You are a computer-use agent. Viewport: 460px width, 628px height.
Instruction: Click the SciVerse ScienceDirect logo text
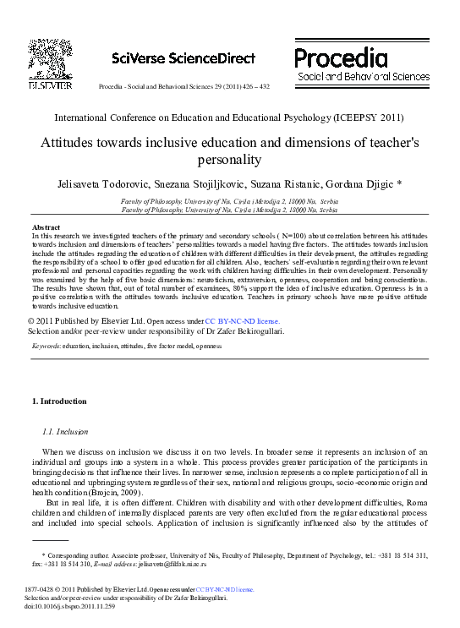pyautogui.click(x=183, y=58)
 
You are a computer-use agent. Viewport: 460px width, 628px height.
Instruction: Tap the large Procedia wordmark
pyautogui.click(x=341, y=57)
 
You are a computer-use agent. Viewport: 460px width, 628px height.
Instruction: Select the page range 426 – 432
pyautogui.click(x=253, y=87)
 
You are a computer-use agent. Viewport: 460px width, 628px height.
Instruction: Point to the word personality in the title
pyautogui.click(x=230, y=160)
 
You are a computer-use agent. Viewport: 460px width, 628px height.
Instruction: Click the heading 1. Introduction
pyautogui.click(x=59, y=401)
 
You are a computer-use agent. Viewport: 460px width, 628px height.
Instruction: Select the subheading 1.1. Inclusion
pyautogui.click(x=64, y=432)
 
